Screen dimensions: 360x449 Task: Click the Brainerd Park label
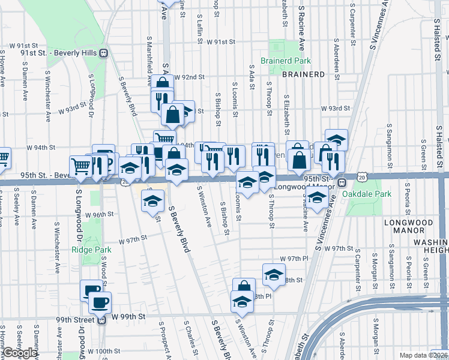click(285, 61)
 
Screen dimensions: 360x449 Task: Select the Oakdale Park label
click(366, 194)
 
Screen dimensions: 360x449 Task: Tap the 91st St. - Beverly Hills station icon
click(104, 53)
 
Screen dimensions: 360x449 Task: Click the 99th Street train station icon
click(101, 320)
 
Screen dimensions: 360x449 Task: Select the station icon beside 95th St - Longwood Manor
click(342, 182)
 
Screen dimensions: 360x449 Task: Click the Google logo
click(19, 353)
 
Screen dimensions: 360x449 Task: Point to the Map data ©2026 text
click(423, 355)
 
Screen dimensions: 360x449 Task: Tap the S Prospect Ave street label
click(161, 340)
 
